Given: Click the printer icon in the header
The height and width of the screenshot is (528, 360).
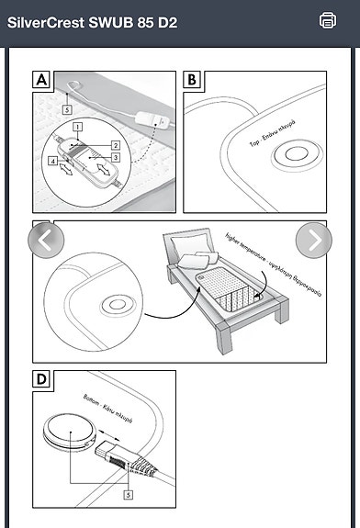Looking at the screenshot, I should tap(328, 20).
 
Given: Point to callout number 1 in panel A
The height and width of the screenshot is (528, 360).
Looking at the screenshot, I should tap(79, 125).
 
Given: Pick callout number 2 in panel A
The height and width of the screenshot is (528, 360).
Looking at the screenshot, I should tap(116, 145).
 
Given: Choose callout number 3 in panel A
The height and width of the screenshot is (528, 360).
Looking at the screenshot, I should tap(116, 158).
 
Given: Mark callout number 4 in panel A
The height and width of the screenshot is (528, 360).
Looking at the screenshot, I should tap(52, 162).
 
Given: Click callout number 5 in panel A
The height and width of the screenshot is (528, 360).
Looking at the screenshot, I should tap(67, 108).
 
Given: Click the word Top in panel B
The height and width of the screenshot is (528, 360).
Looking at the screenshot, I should tap(253, 143).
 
